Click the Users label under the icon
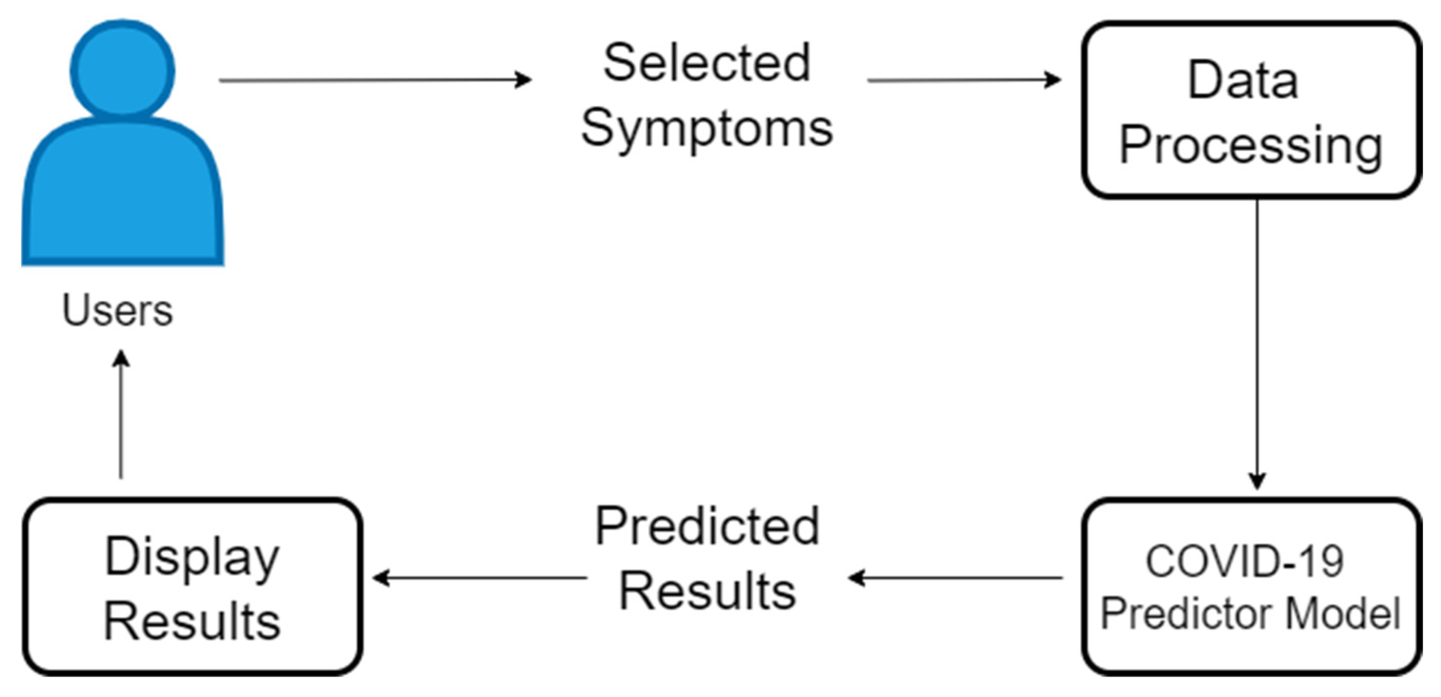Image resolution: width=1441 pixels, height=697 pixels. pos(118,310)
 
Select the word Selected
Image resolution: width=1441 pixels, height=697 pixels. pos(707,63)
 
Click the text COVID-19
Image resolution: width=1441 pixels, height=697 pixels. pos(1244,561)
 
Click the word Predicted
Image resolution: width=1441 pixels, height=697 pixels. pos(707,526)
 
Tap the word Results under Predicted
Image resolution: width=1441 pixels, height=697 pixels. pos(707,592)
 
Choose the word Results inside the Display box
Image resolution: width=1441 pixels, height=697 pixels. pos(192,621)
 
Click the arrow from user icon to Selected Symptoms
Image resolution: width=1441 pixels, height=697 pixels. pos(375,80)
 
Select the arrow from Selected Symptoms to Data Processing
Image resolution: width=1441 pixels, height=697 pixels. pos(963,80)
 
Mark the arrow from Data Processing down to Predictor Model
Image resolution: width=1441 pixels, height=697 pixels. pos(1257,345)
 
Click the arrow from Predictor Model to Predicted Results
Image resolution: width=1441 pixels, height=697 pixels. pos(955,577)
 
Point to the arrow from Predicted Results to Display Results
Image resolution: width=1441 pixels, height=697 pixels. pos(480,577)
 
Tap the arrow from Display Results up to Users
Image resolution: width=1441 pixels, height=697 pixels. pos(121,414)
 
